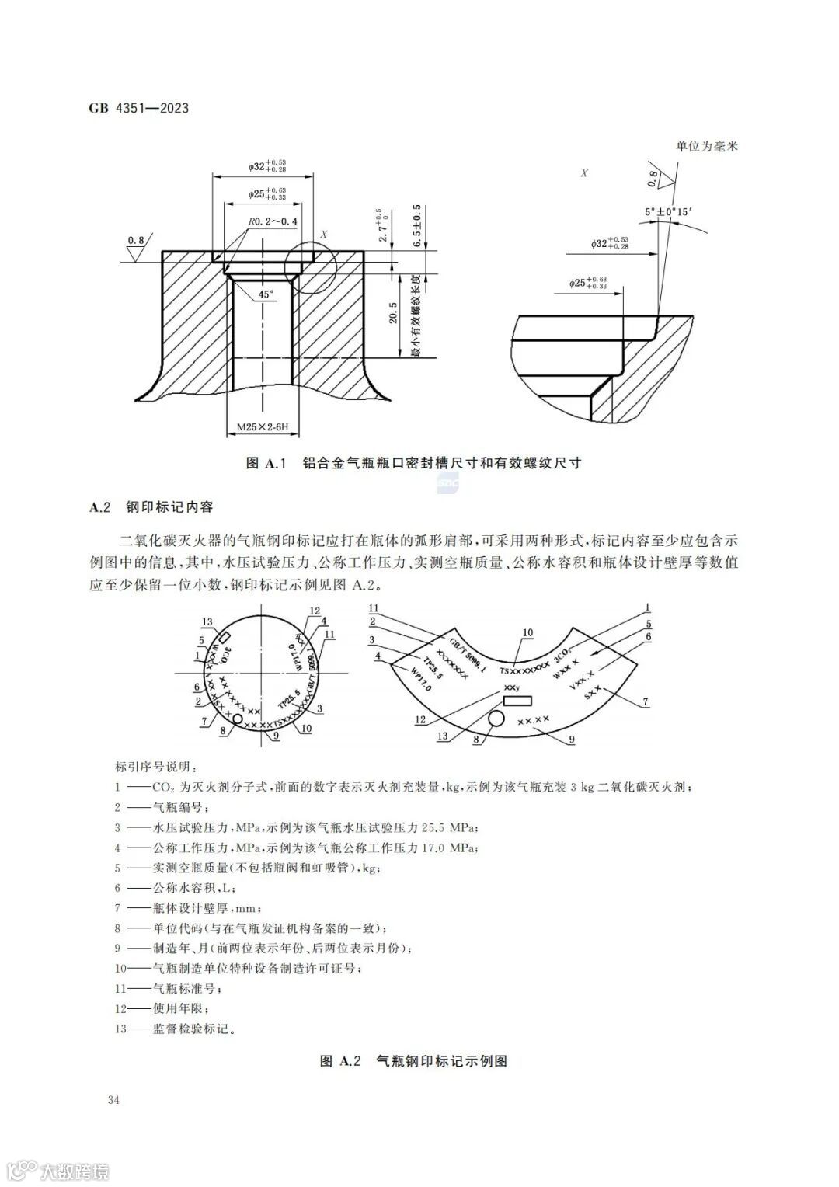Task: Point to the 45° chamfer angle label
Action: click(x=266, y=294)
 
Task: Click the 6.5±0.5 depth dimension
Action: click(x=417, y=226)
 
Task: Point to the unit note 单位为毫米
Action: click(x=706, y=146)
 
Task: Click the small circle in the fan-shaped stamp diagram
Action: click(x=494, y=719)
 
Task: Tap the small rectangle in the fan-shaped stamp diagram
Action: click(x=517, y=701)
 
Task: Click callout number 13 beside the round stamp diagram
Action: click(x=207, y=622)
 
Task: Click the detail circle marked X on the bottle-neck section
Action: click(x=308, y=265)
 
